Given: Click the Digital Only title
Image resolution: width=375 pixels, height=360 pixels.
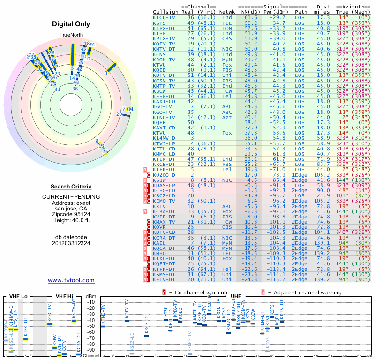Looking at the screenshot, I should (x=71, y=24).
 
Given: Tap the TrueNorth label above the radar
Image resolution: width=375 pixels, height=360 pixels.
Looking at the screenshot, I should (x=71, y=35).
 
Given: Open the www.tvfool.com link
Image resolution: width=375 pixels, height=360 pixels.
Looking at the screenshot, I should (x=71, y=280).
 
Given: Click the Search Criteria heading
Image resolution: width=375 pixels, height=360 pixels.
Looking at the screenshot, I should (x=71, y=187).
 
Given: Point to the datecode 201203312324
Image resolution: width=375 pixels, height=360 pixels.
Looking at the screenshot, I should (x=71, y=243).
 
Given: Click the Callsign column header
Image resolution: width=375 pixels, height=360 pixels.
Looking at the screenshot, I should (x=165, y=12).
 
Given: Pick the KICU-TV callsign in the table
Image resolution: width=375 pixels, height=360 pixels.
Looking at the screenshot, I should (x=164, y=17).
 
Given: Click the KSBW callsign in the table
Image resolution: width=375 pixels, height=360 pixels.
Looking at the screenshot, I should (x=159, y=180).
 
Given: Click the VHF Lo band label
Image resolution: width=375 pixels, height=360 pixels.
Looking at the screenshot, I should (x=18, y=296).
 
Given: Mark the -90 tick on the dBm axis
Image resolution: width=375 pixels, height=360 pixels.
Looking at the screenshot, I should (x=91, y=350).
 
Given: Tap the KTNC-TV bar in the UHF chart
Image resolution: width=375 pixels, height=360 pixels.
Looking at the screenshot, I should (x=103, y=326).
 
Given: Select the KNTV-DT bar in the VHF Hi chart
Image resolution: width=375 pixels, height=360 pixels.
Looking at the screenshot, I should (x=74, y=321).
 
